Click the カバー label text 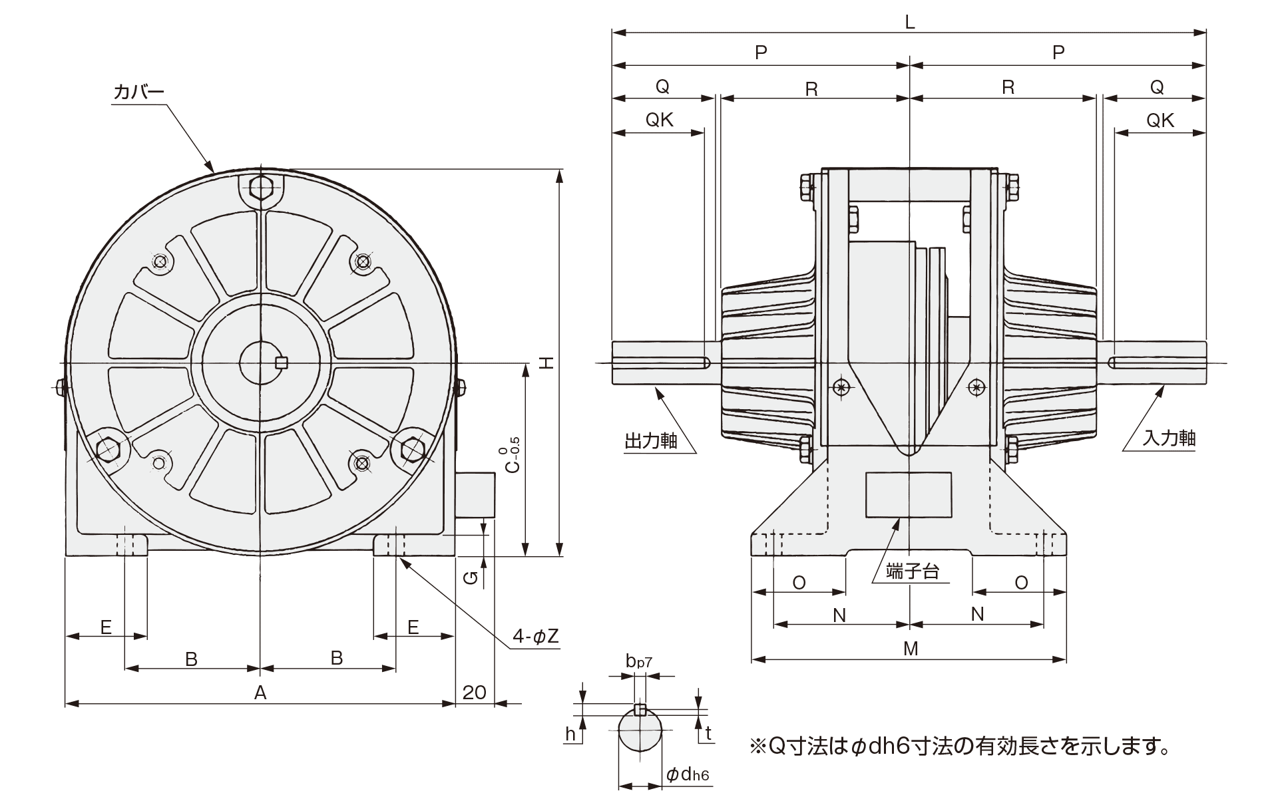[138, 92]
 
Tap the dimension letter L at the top [910, 22]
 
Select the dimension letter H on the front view [546, 363]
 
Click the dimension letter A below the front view [260, 693]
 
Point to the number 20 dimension [474, 693]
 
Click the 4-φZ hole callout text [535, 637]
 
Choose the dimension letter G [471, 579]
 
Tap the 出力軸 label [650, 441]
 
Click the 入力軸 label [1169, 438]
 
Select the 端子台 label [913, 571]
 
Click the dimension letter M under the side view [911, 649]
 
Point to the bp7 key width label [638, 661]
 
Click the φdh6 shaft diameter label [688, 775]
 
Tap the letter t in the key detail [708, 734]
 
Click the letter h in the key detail [570, 734]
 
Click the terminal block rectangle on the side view [908, 494]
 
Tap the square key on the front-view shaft [282, 363]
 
